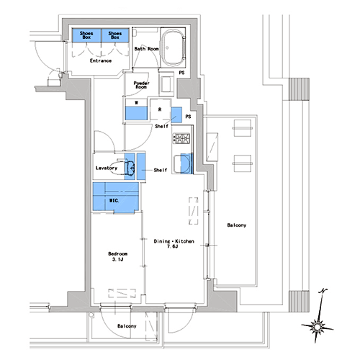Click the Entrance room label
click(101, 60)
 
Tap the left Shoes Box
click(86, 35)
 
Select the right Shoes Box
click(115, 35)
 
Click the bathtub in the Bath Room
click(173, 48)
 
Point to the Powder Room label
click(141, 85)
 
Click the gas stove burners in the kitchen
click(181, 138)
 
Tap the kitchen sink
click(182, 163)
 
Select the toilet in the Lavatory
click(126, 167)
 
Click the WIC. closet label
click(114, 200)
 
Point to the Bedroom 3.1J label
click(117, 256)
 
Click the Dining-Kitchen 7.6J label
click(174, 243)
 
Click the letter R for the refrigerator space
click(160, 109)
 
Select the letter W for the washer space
click(136, 103)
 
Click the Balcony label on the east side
click(237, 225)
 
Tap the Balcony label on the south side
click(127, 326)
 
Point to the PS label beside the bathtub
click(181, 73)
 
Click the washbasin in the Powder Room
click(166, 84)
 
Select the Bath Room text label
click(146, 49)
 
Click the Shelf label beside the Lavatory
click(161, 170)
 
